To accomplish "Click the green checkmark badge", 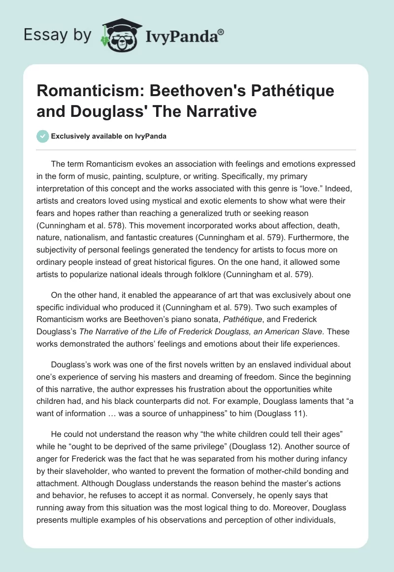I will click(42, 136).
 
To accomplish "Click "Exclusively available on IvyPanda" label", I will click(108, 136).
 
